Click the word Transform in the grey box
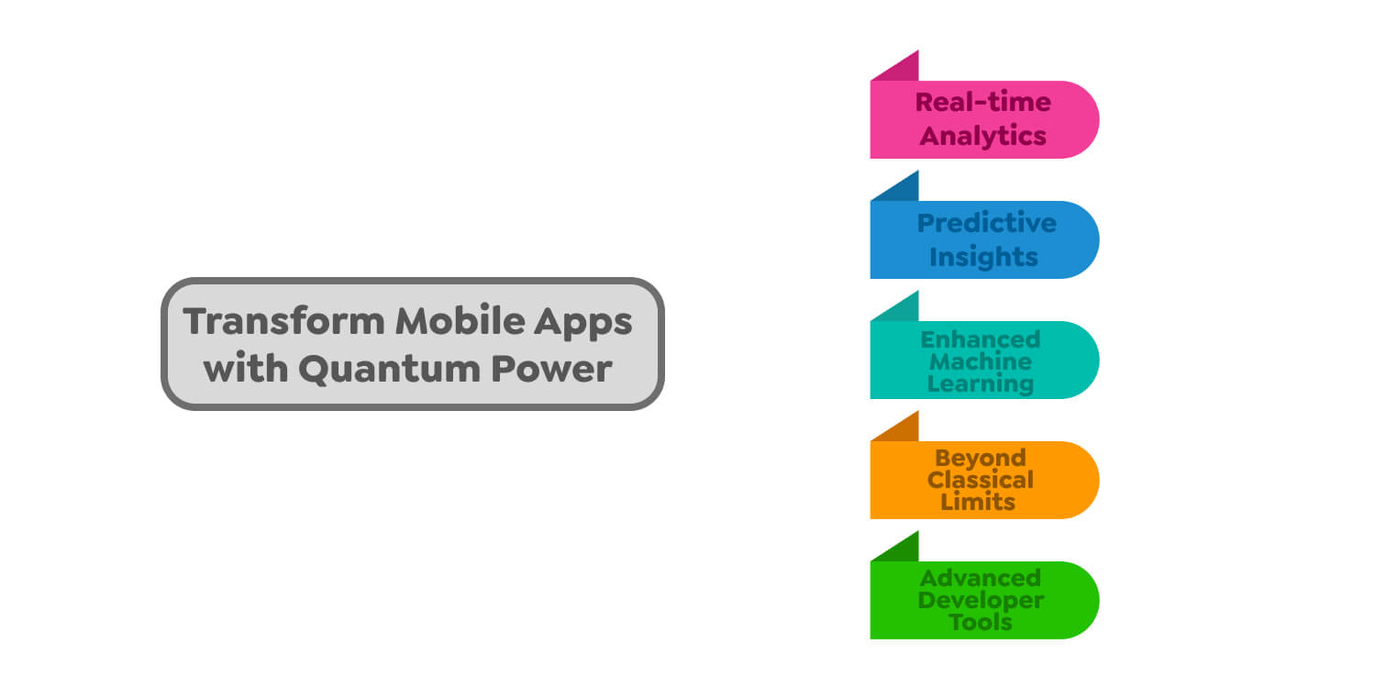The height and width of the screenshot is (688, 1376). [283, 322]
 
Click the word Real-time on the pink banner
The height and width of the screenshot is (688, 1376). [983, 102]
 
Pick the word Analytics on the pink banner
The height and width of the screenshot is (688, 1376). [983, 136]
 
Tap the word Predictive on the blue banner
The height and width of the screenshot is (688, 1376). [987, 223]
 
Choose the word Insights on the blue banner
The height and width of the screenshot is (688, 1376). [983, 257]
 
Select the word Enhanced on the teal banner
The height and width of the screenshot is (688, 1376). [981, 339]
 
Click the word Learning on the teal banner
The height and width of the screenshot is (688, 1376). [981, 383]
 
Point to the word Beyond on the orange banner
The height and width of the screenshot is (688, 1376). [981, 458]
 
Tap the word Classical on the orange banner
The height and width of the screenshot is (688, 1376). [981, 480]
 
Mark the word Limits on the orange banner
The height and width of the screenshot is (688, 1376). [978, 502]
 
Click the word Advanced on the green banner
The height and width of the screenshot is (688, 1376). [981, 578]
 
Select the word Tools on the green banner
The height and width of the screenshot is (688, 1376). [981, 622]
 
